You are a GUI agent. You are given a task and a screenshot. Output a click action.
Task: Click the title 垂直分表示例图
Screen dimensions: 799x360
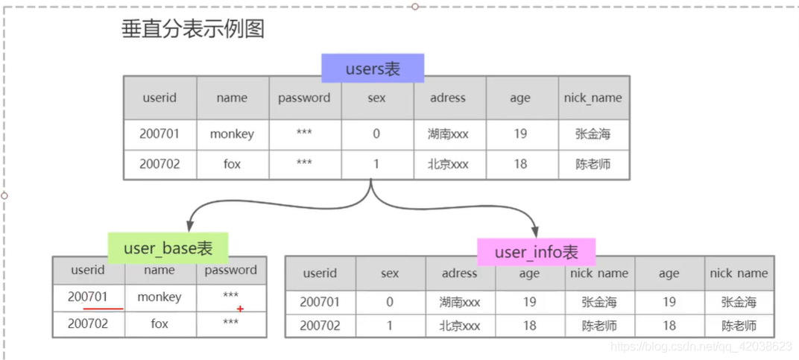[192, 29]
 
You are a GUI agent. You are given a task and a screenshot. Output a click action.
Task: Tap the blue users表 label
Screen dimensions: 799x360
[373, 69]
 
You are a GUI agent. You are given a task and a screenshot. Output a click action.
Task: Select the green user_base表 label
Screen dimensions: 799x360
[168, 248]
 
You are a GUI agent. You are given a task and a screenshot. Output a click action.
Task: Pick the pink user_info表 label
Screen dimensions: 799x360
[536, 252]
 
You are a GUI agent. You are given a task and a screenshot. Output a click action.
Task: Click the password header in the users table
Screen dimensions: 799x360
[304, 98]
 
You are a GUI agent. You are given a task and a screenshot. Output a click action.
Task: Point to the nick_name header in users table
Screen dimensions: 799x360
[593, 98]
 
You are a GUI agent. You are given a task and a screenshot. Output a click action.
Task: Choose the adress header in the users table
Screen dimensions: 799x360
[447, 98]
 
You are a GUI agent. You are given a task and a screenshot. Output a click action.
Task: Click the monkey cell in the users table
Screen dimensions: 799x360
[232, 134]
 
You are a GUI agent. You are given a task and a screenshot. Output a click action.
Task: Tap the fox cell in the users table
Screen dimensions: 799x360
[232, 164]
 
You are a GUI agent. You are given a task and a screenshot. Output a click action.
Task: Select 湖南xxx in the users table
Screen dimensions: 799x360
[448, 134]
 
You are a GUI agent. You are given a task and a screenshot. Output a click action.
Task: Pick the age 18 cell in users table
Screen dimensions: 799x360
[520, 164]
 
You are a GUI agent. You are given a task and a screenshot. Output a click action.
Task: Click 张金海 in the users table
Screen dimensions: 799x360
[593, 134]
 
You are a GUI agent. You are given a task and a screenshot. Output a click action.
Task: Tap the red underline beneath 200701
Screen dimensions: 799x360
[103, 309]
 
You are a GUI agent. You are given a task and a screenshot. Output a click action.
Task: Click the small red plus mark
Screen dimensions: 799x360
[240, 309]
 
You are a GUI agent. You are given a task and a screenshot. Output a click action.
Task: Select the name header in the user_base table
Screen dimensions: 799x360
[160, 270]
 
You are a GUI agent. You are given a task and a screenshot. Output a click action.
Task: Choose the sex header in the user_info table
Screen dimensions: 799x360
[389, 274]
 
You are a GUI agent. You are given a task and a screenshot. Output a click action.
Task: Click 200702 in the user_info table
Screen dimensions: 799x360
[320, 326]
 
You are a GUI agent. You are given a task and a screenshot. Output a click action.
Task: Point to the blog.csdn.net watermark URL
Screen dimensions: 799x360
[701, 347]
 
